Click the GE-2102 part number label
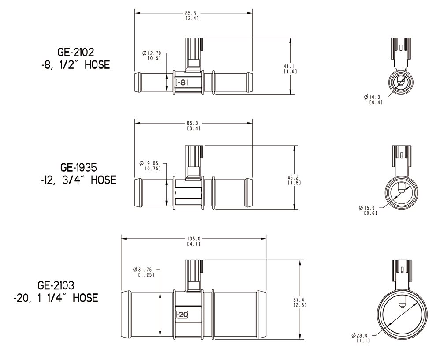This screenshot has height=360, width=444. pyautogui.click(x=75, y=52)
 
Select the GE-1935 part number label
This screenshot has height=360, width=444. pyautogui.click(x=79, y=167)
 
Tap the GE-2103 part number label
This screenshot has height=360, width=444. pyautogui.click(x=56, y=285)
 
